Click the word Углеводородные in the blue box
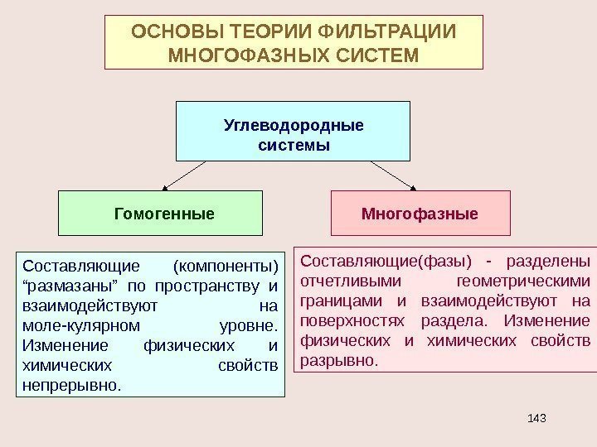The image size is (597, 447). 294,126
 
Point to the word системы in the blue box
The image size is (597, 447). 294,145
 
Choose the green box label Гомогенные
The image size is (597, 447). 163,214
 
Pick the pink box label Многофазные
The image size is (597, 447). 420,214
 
